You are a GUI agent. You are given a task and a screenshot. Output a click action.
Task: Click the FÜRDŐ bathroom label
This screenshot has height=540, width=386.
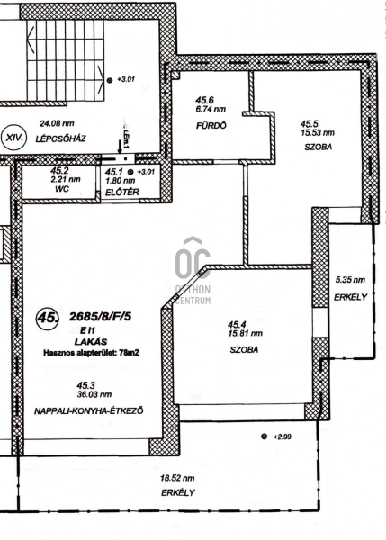tap(211, 126)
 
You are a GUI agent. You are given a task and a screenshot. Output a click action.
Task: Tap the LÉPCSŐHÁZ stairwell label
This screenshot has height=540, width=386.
tap(61, 139)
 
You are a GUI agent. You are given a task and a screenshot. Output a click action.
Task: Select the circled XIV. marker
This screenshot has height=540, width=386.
tap(14, 138)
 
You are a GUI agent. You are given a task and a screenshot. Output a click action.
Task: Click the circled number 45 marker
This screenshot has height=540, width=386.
tap(47, 318)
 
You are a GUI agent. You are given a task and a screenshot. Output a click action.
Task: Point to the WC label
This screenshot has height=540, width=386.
tap(62, 188)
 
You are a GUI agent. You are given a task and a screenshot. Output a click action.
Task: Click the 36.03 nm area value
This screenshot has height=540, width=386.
tap(94, 394)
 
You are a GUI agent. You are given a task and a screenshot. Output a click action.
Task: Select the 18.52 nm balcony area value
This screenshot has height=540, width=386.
tap(177, 478)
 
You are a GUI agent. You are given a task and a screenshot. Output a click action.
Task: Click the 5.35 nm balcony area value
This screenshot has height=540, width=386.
tap(350, 280)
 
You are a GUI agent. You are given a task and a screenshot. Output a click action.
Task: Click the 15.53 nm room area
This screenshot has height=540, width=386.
tap(317, 132)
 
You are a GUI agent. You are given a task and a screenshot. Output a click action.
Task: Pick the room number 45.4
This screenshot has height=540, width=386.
tap(238, 324)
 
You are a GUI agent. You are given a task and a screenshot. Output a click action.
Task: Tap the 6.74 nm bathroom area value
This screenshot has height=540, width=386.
tap(211, 109)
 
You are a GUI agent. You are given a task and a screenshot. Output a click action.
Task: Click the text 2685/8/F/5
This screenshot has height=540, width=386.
tap(100, 317)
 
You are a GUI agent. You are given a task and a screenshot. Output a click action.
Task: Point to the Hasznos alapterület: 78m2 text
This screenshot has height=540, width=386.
tap(91, 353)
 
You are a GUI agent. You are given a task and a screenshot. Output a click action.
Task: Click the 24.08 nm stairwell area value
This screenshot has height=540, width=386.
tap(57, 123)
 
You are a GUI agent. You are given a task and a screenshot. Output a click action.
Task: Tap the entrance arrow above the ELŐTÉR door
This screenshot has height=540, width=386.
tap(119, 147)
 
